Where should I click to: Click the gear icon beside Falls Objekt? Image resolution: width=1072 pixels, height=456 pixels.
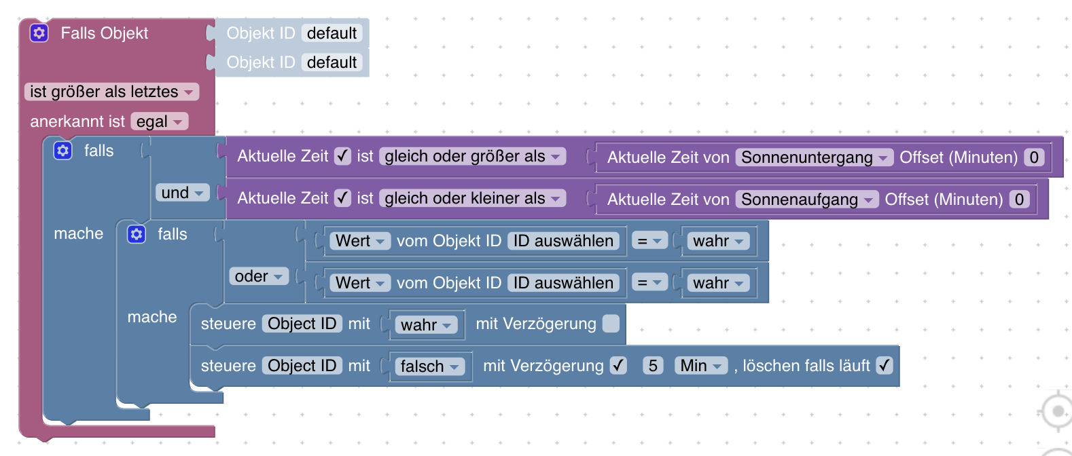(x=39, y=33)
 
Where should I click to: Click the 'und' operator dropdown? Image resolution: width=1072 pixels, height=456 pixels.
(x=182, y=193)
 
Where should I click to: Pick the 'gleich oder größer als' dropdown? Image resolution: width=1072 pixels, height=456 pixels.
(x=472, y=156)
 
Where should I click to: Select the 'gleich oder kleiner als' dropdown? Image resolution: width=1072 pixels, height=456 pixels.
(x=472, y=198)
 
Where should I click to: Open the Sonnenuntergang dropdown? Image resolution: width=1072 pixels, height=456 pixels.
(x=815, y=157)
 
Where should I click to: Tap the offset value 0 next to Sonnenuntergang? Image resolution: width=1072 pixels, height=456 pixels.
(x=1034, y=157)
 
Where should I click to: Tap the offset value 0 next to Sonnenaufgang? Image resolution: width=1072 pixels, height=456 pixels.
(x=1019, y=199)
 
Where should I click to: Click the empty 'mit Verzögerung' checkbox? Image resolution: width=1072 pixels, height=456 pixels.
(x=611, y=324)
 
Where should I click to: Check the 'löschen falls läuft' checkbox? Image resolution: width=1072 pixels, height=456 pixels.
(x=885, y=366)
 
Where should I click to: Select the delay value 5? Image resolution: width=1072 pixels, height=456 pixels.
(x=653, y=366)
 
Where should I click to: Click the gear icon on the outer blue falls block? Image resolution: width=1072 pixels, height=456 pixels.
(x=63, y=150)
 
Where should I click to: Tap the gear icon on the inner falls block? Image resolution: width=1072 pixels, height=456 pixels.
(x=137, y=234)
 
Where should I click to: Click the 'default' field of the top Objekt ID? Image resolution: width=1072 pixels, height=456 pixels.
(x=332, y=33)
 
